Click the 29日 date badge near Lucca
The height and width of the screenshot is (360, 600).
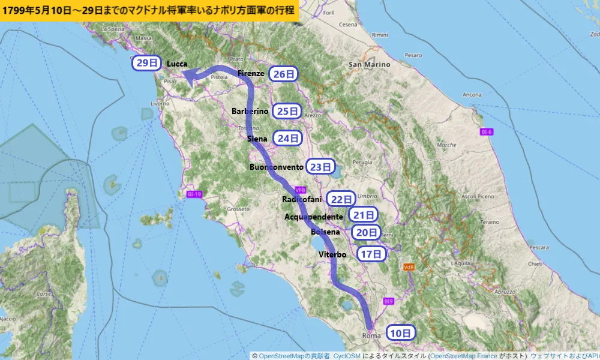[x=147, y=63]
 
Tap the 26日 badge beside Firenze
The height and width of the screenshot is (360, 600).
[x=284, y=74]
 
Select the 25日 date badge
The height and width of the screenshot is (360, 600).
[x=287, y=111]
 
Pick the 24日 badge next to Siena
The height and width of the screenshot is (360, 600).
[x=288, y=138]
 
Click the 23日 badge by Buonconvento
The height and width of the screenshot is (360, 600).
[x=321, y=167]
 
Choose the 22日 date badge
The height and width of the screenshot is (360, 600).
[x=341, y=199]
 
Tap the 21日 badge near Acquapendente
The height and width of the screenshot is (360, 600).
[x=364, y=215]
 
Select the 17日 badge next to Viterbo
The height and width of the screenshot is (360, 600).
[x=371, y=254]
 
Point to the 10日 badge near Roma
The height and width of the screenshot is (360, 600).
[x=400, y=333]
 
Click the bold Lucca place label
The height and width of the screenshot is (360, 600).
[x=177, y=64]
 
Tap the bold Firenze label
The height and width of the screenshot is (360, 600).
[x=251, y=73]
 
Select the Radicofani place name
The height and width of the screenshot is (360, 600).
[x=302, y=199]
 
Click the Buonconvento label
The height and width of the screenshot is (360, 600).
[x=277, y=167]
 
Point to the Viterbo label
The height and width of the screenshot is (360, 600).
[x=332, y=254]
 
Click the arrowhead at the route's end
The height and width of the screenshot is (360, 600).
[x=190, y=77]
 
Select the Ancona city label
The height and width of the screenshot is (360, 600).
[x=472, y=95]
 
